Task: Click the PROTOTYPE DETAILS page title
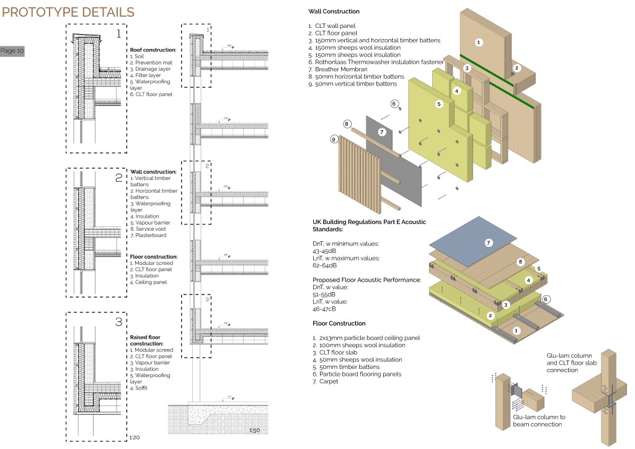click(68, 12)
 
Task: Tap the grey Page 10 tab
click(12, 51)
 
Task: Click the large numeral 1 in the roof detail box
click(118, 34)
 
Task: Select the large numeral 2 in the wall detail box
click(119, 178)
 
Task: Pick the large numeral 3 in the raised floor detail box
click(119, 322)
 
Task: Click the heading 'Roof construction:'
click(153, 50)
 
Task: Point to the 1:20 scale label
click(134, 437)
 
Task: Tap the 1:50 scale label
click(254, 430)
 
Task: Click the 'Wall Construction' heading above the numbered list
click(334, 12)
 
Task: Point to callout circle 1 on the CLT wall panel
click(478, 42)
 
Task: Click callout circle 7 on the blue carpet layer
click(489, 242)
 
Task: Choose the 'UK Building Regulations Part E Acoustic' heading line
click(370, 222)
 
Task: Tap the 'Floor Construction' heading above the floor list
click(339, 323)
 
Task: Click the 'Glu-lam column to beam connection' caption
click(539, 421)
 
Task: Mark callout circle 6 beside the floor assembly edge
click(546, 299)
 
